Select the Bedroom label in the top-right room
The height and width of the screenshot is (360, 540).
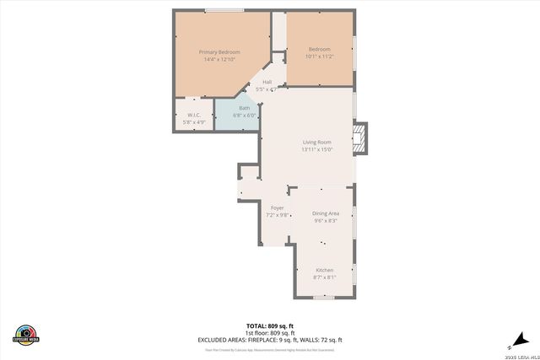pos(319,49)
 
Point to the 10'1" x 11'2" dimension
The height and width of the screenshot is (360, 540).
pos(319,56)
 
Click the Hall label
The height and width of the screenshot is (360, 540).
pos(267,82)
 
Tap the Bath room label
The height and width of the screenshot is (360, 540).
pos(245,108)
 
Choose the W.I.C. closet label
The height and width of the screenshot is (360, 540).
pos(194,116)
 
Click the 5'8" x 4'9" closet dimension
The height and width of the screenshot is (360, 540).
pos(194,123)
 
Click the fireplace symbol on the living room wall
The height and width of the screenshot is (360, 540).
pos(361,140)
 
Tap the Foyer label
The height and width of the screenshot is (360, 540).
pos(277,207)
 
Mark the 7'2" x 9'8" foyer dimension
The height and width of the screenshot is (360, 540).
pos(278,215)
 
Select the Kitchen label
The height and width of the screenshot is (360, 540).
pos(325,269)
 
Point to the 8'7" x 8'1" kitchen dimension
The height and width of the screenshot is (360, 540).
pos(325,277)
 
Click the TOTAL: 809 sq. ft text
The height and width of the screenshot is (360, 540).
pos(269,325)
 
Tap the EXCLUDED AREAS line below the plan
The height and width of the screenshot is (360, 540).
pos(269,340)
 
